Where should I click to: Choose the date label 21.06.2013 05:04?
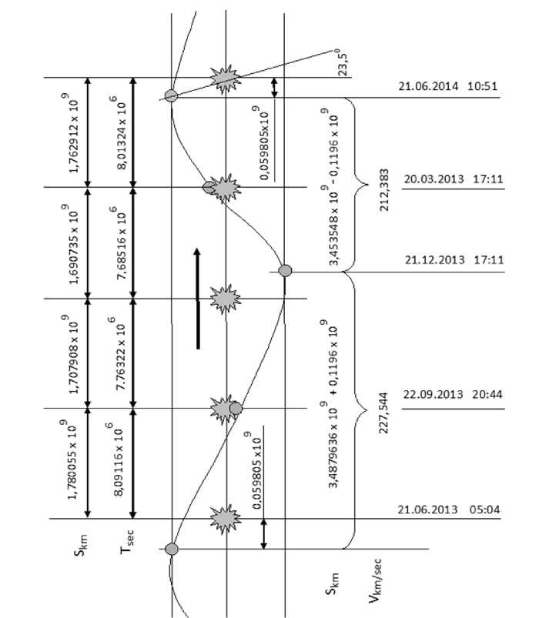450,509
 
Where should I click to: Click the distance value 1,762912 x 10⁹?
75,131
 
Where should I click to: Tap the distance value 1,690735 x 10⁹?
75,242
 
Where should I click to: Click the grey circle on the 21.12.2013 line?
285,270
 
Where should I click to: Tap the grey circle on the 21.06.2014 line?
172,95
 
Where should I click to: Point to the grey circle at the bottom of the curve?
172,549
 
